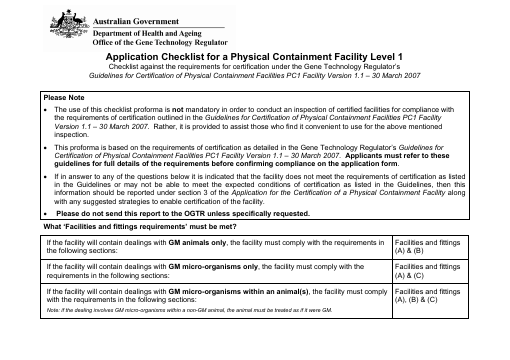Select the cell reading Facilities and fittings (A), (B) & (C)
(428, 294)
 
